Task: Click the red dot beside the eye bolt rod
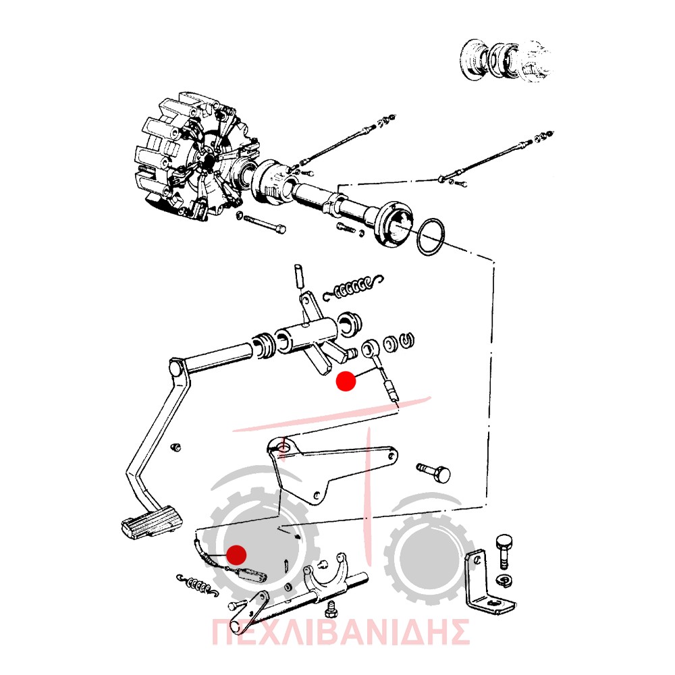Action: [x=346, y=381]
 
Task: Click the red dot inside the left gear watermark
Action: [x=236, y=555]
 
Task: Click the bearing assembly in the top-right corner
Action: [x=506, y=60]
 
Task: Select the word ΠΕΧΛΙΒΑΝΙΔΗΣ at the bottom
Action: [x=340, y=632]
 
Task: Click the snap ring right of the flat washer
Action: [x=407, y=340]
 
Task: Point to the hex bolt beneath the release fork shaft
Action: [x=332, y=608]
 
